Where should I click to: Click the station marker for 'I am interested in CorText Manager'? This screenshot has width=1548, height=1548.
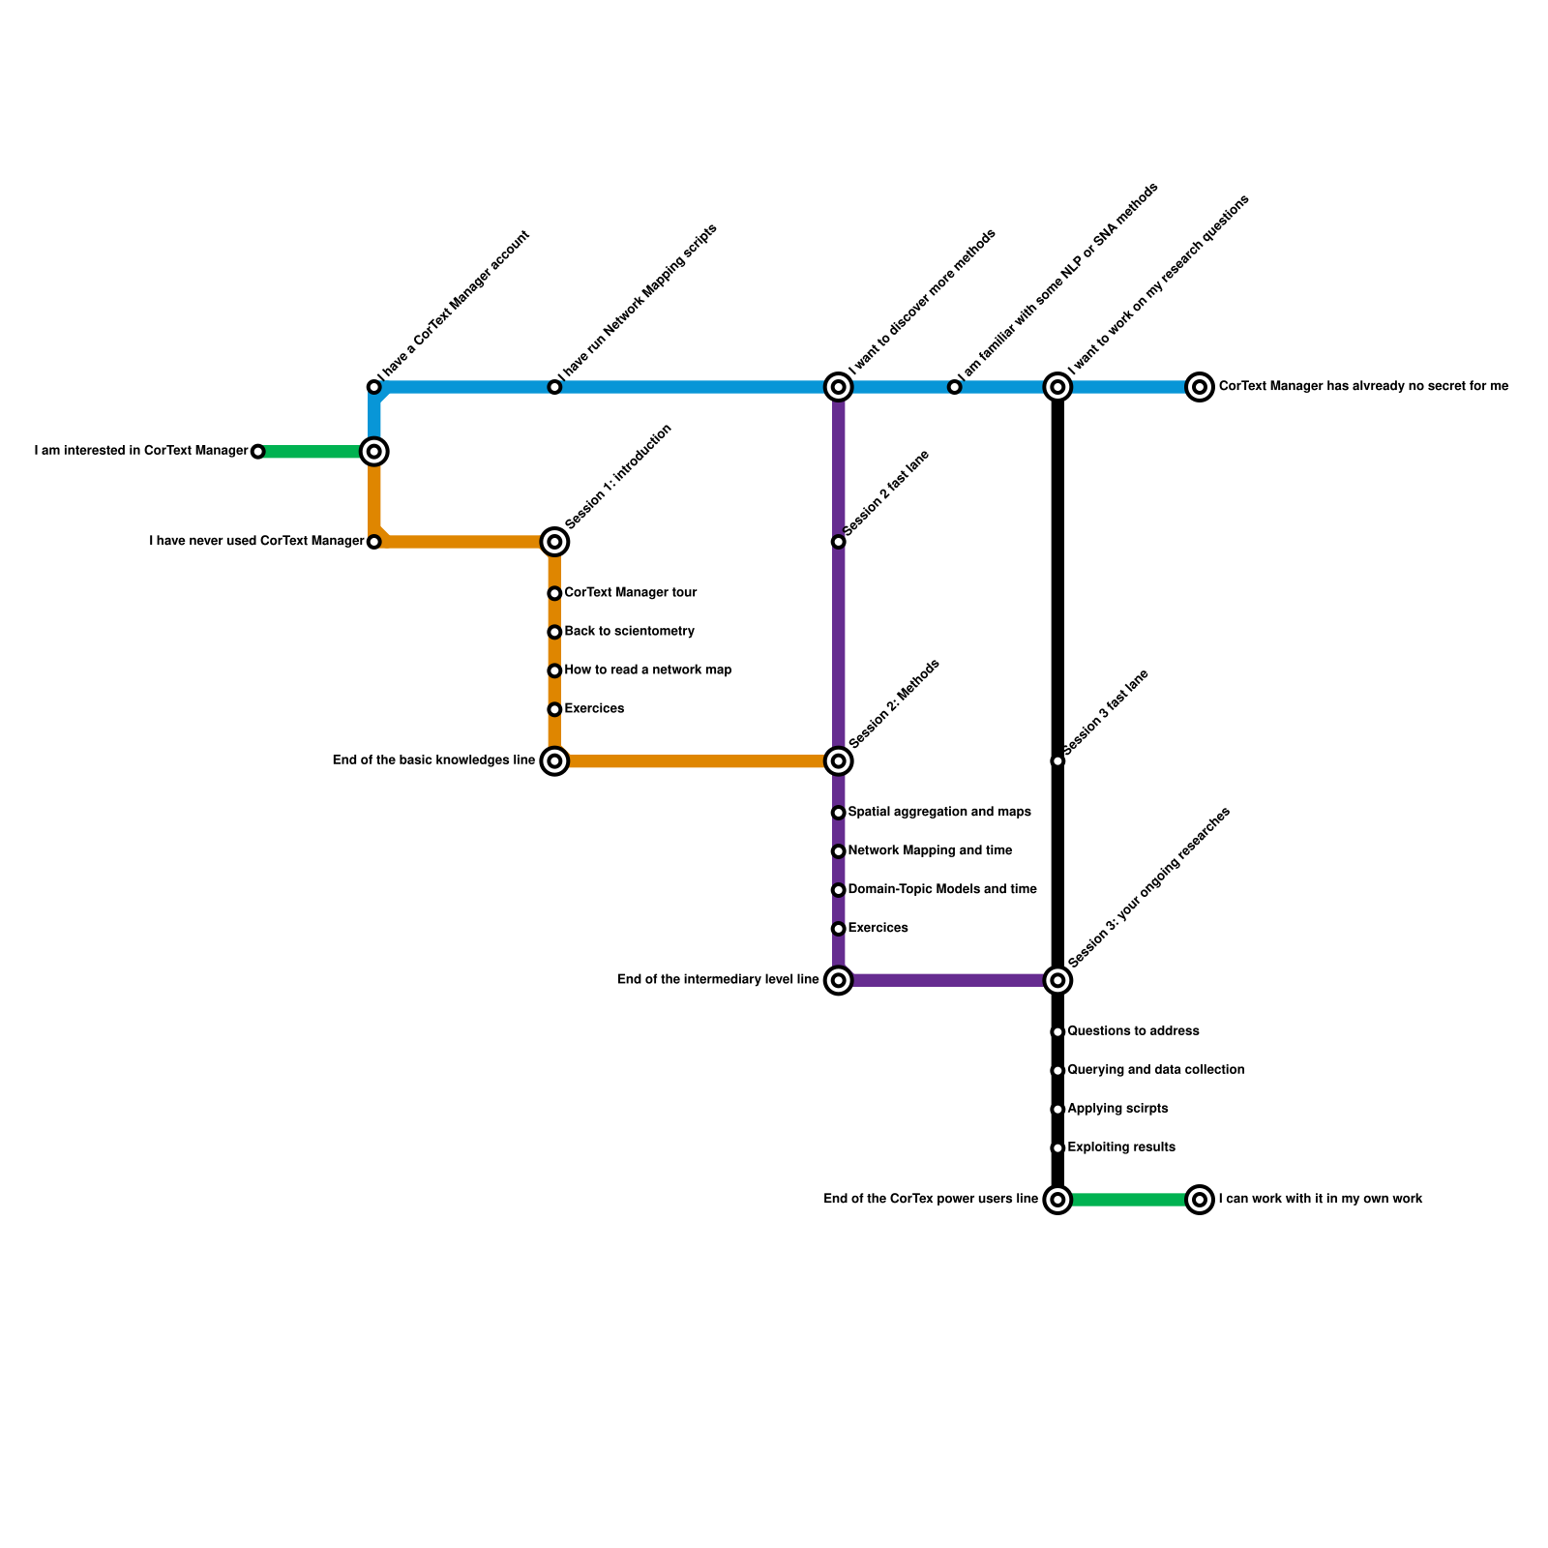coord(257,452)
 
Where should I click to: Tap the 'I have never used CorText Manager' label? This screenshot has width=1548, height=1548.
coord(256,542)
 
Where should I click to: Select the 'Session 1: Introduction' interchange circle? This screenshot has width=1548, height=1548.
coord(554,542)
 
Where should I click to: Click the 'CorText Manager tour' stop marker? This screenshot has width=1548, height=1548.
coord(554,593)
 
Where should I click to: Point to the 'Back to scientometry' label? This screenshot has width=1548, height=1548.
coord(629,632)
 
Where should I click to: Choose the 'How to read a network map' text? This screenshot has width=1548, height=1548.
coord(647,670)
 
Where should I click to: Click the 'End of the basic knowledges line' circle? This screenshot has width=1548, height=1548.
coord(554,761)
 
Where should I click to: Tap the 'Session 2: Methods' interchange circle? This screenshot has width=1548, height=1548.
coord(839,761)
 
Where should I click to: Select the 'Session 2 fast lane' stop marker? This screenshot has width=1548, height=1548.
coord(839,542)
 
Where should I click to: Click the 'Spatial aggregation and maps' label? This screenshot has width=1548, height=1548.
coord(938,813)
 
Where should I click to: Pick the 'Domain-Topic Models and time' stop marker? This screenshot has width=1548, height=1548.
coord(839,890)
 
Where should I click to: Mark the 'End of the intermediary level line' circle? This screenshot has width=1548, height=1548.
coord(839,980)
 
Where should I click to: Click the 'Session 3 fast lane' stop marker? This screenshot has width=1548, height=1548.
coord(1057,761)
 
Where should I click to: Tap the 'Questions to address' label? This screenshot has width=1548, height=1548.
coord(1133,1031)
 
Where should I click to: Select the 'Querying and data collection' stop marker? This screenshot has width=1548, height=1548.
coord(1057,1071)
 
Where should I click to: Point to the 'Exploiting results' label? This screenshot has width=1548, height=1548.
coord(1121,1147)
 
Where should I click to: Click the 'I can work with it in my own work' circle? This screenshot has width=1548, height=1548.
coord(1200,1200)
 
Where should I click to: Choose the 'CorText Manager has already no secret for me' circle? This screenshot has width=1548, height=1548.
coord(1200,387)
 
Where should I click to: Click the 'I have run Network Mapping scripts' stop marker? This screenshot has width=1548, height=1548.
coord(554,387)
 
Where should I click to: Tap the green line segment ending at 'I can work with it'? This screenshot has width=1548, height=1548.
coord(1128,1200)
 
